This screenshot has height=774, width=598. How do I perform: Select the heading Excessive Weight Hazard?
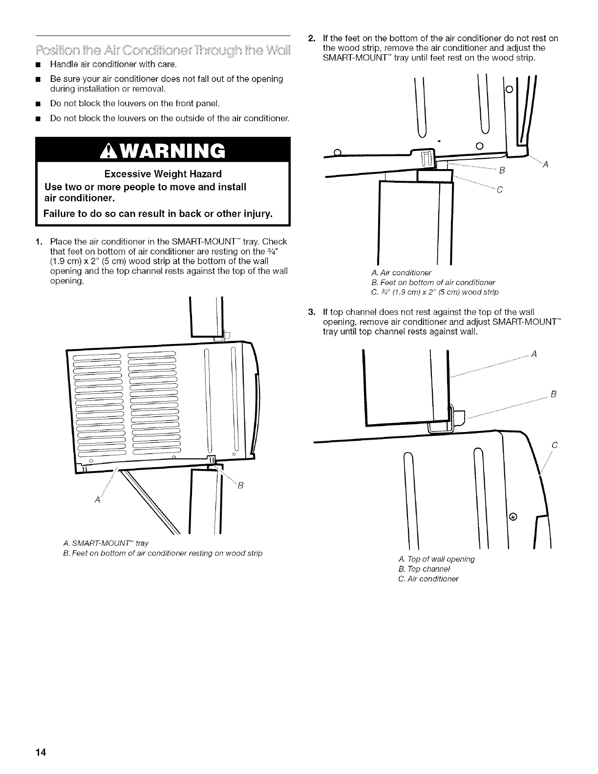tap(163, 174)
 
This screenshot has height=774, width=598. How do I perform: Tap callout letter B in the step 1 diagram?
tap(239, 486)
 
